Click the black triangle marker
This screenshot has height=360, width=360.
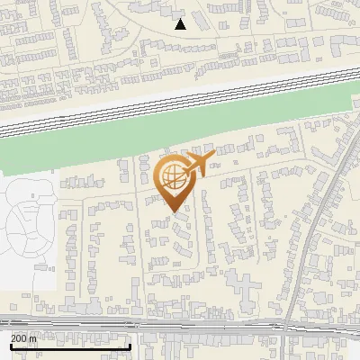(x=180, y=24)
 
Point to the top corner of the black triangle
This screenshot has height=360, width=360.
(x=180, y=18)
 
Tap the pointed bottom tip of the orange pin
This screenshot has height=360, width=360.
(x=173, y=212)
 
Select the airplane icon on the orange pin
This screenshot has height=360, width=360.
(x=198, y=165)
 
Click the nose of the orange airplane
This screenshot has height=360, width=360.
(x=214, y=157)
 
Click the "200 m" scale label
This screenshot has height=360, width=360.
(x=24, y=338)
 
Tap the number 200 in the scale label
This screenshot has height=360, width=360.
(x=20, y=338)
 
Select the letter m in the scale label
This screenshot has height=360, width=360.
(x=34, y=338)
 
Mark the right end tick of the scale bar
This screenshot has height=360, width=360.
(x=130, y=345)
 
